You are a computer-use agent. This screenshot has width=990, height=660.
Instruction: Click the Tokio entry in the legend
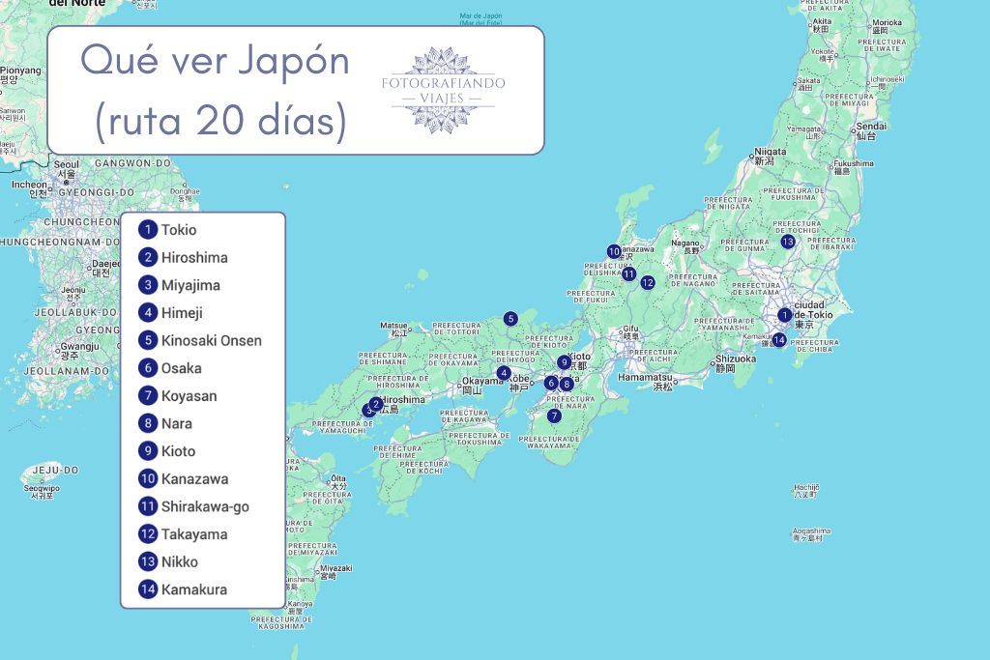(178, 230)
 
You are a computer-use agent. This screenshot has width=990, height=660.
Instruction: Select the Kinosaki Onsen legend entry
(211, 340)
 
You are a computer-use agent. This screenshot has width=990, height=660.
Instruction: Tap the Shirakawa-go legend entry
(205, 506)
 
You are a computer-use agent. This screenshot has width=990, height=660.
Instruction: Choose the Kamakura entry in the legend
(193, 589)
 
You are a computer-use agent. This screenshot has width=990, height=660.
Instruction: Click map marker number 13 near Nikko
(788, 242)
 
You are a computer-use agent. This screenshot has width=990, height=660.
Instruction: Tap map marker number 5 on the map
(510, 319)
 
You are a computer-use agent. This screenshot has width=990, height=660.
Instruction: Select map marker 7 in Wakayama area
(554, 416)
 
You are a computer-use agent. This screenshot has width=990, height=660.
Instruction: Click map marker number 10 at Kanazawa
(614, 251)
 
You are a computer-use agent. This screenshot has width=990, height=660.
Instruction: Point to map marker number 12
(648, 283)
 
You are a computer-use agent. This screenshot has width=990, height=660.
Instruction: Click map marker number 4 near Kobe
(504, 373)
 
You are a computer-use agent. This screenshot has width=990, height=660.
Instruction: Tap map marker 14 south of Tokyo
(779, 339)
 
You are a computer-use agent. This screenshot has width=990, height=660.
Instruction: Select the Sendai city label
(871, 126)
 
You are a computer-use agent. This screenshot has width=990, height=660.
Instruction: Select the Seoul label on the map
(66, 165)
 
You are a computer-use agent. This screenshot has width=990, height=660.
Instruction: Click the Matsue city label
(393, 327)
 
